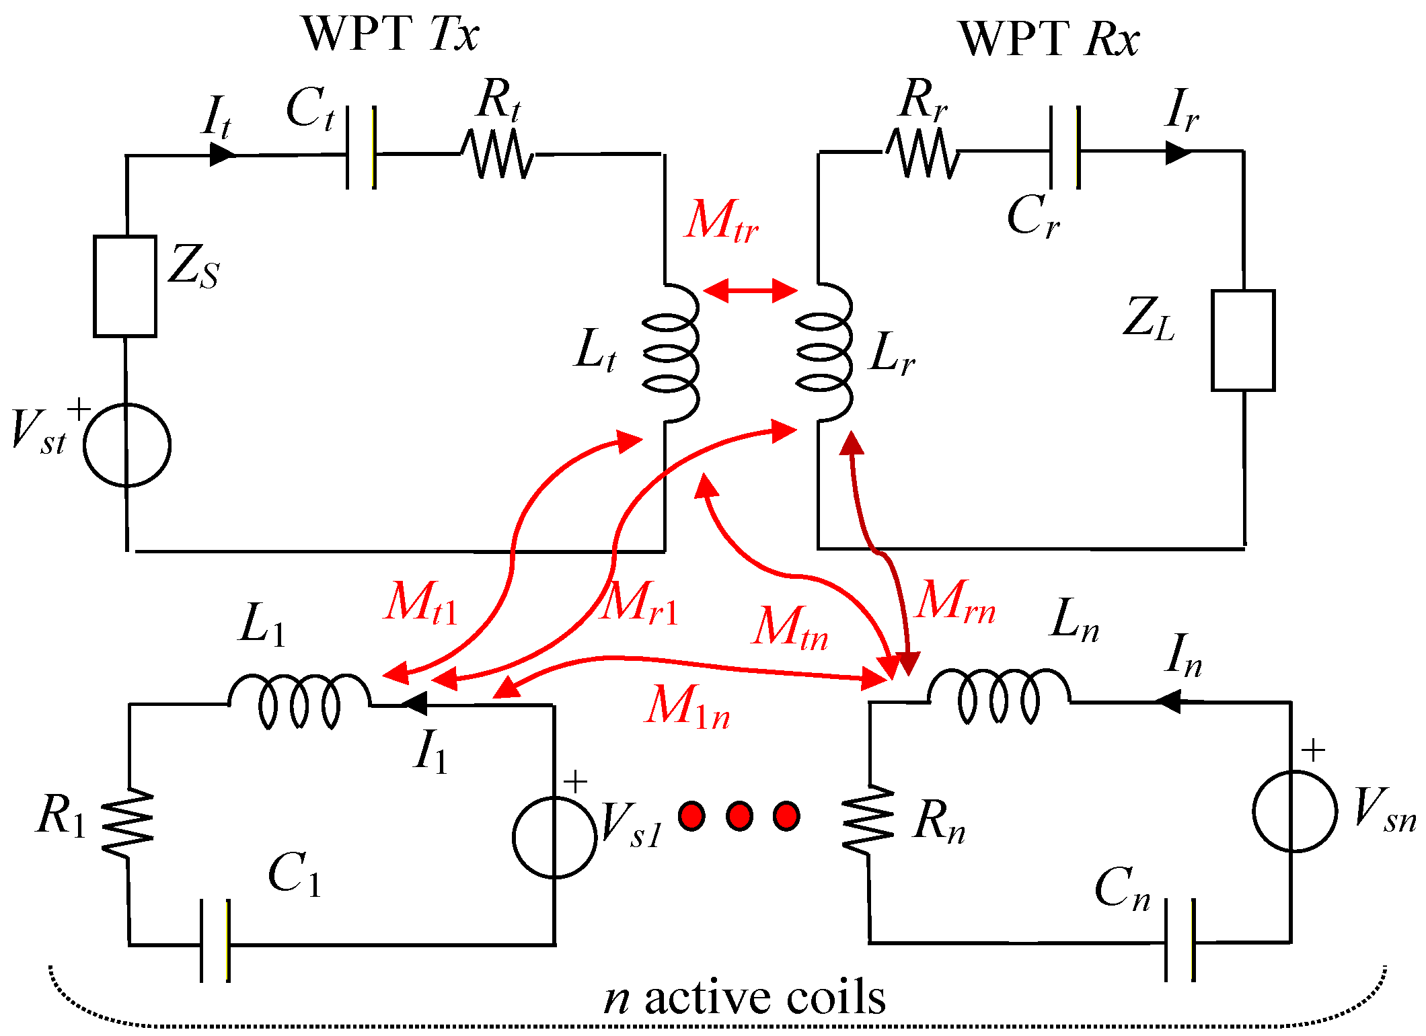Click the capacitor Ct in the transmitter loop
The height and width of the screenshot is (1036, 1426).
361,148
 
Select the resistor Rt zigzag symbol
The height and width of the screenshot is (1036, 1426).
498,154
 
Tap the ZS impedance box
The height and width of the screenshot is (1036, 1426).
125,286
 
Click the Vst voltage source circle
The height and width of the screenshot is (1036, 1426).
127,445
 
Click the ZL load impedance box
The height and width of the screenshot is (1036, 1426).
1243,340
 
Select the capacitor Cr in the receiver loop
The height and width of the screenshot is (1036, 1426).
1065,147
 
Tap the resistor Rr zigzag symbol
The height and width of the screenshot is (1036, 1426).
922,153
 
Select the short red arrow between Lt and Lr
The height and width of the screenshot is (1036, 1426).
750,290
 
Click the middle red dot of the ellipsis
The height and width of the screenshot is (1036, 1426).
739,816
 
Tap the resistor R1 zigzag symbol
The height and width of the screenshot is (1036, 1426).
128,823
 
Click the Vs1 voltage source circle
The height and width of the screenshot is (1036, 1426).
555,837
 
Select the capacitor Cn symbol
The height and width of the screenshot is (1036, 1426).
1180,941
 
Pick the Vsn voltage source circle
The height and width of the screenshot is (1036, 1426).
1295,811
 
